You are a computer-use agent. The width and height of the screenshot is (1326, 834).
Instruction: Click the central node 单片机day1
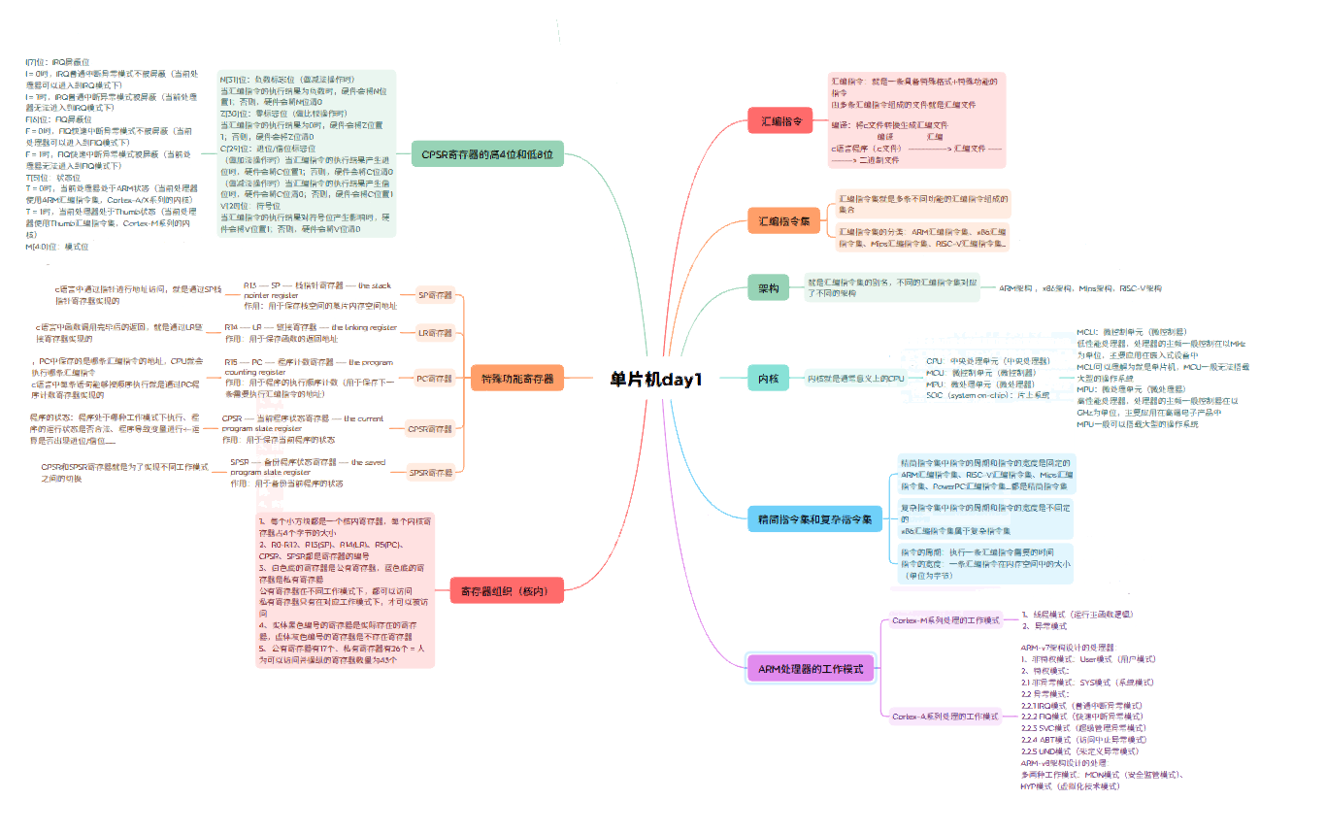(655, 379)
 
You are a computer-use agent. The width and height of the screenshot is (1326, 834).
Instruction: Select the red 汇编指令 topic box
(779, 121)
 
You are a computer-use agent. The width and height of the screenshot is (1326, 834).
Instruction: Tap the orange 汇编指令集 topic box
(783, 221)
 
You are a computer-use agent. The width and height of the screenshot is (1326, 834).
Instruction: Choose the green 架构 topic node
(768, 288)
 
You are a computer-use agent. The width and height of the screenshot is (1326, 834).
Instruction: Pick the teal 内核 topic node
(768, 379)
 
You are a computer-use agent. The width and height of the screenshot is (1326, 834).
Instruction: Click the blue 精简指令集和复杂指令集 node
(813, 519)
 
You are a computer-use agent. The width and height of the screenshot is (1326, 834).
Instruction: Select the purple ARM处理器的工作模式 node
(810, 668)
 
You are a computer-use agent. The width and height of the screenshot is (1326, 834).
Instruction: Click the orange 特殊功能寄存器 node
(516, 379)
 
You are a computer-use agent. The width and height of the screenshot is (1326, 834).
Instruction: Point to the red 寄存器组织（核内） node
(506, 590)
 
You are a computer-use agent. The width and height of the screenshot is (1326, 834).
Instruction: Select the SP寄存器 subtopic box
(435, 294)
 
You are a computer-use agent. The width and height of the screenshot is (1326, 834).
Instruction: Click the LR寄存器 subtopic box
(435, 333)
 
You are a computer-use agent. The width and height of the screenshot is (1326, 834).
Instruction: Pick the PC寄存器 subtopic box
(435, 378)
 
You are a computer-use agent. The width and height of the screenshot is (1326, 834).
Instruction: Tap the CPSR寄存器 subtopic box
(431, 427)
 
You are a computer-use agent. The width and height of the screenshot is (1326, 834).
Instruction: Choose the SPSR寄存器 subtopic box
(431, 473)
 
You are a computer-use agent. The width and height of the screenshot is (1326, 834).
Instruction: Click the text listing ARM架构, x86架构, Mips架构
(1079, 288)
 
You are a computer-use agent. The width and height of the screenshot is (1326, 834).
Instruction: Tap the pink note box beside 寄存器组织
(345, 590)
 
